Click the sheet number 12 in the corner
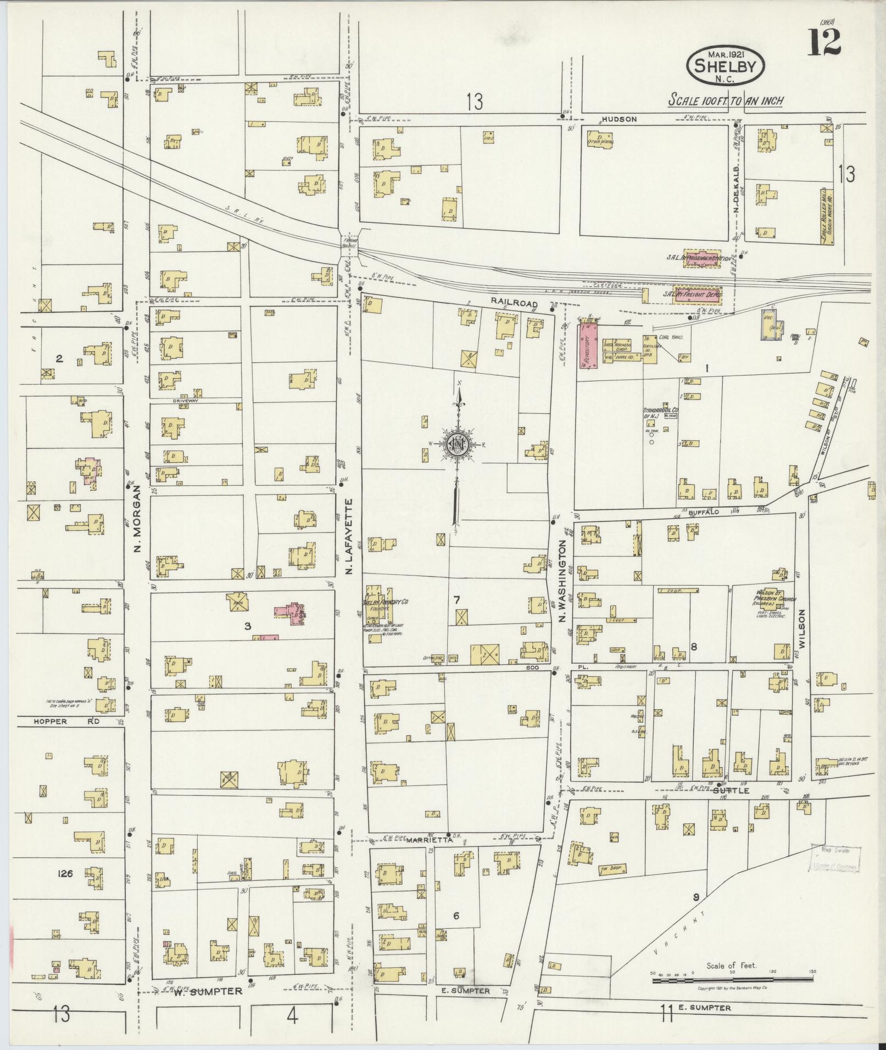click(824, 42)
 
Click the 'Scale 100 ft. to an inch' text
click(725, 100)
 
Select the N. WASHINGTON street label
click(562, 581)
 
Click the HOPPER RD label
click(65, 722)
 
